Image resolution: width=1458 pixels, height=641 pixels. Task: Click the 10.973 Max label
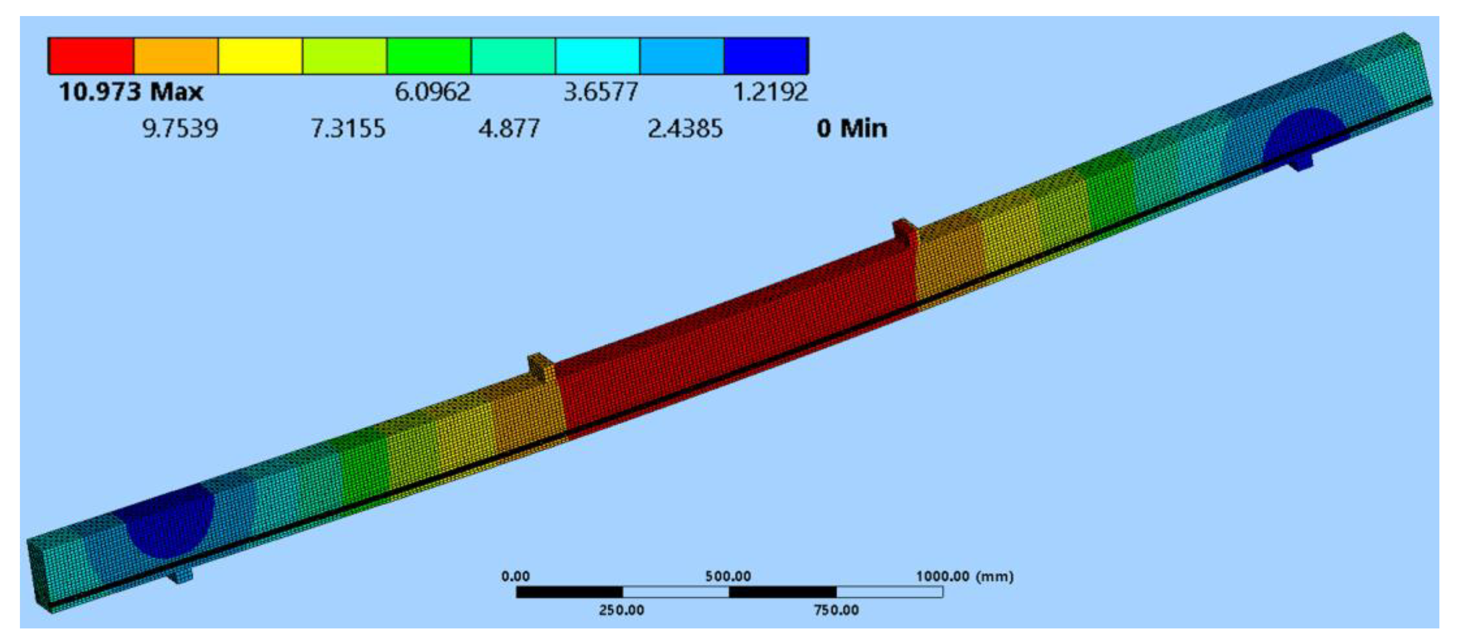pos(131,92)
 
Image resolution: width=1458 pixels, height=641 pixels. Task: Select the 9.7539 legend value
pos(180,129)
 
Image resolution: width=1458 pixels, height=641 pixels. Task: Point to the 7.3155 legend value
pos(348,129)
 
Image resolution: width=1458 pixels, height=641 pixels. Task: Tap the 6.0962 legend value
pos(432,92)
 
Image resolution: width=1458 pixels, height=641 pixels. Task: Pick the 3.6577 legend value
pos(601,92)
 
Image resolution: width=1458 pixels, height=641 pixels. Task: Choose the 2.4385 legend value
pos(685,129)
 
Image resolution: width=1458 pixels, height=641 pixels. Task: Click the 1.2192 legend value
pos(770,92)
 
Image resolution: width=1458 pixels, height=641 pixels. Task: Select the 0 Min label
pos(852,129)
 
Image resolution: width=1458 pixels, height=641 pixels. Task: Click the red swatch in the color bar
pos(91,55)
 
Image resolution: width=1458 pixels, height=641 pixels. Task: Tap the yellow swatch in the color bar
pos(260,55)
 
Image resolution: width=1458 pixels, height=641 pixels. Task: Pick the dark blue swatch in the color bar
pos(766,55)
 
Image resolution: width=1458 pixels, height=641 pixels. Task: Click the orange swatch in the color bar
pos(176,55)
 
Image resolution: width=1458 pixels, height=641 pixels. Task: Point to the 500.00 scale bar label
pos(728,576)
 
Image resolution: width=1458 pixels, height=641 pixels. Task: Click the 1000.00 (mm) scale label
pos(964,576)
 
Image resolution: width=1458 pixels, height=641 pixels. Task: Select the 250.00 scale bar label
pos(621,610)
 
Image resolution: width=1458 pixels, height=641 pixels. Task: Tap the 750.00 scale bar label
pos(836,610)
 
